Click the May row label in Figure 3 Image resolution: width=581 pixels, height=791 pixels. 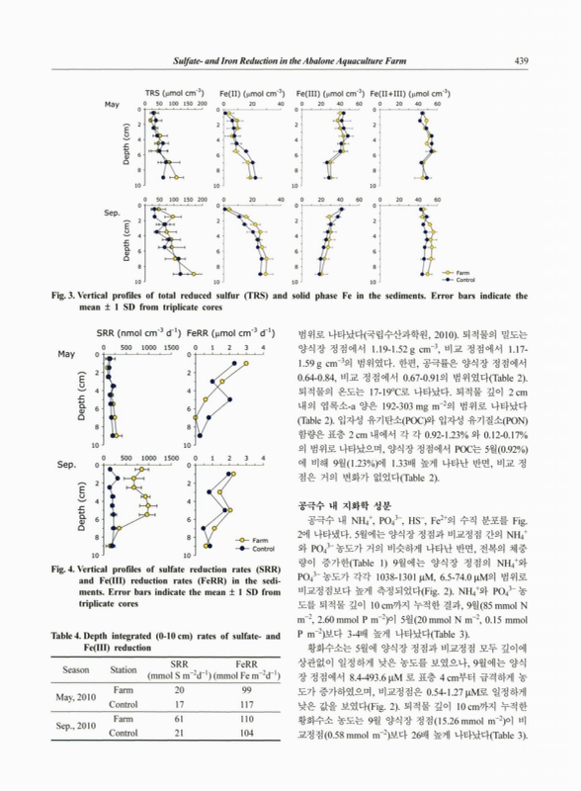111,103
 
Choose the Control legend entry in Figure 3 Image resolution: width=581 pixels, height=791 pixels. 467,279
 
